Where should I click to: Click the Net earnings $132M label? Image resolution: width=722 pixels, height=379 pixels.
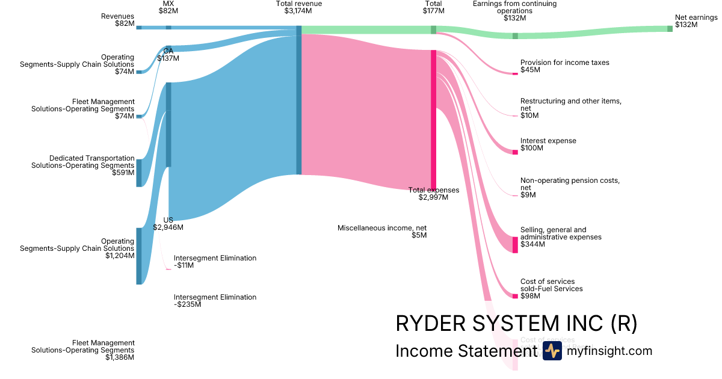(696, 21)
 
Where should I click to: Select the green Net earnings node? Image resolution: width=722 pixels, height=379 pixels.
(670, 28)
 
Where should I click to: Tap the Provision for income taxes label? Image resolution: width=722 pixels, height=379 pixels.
(564, 66)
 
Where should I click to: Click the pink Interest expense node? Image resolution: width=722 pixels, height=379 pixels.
(515, 152)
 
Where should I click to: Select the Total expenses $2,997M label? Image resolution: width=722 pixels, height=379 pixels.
(434, 194)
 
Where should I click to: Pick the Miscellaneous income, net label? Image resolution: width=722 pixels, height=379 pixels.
(382, 232)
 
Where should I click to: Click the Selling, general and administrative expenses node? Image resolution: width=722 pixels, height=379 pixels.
(515, 244)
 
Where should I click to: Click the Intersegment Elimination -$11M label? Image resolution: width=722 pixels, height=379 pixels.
(215, 262)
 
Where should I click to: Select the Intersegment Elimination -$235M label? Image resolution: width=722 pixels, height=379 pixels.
(215, 301)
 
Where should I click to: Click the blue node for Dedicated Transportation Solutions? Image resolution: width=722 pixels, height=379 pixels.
(139, 173)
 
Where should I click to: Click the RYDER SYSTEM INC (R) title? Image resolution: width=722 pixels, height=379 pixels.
(516, 324)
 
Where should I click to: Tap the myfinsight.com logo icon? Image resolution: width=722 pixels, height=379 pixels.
(552, 351)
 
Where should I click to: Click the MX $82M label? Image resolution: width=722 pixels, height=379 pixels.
(168, 7)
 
